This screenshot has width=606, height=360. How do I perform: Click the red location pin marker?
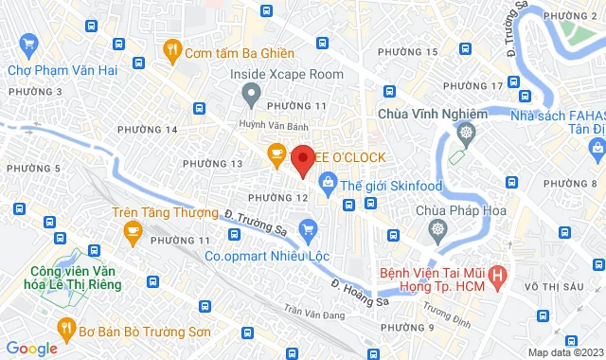point(302,160)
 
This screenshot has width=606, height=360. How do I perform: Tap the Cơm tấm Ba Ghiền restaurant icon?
point(171,48)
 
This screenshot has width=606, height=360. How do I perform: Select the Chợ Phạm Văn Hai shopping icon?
point(28,44)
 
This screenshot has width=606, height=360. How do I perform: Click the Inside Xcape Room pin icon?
point(250,93)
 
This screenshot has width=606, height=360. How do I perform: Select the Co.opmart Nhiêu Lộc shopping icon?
point(307,228)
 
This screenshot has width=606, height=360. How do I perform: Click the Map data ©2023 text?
point(564,352)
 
